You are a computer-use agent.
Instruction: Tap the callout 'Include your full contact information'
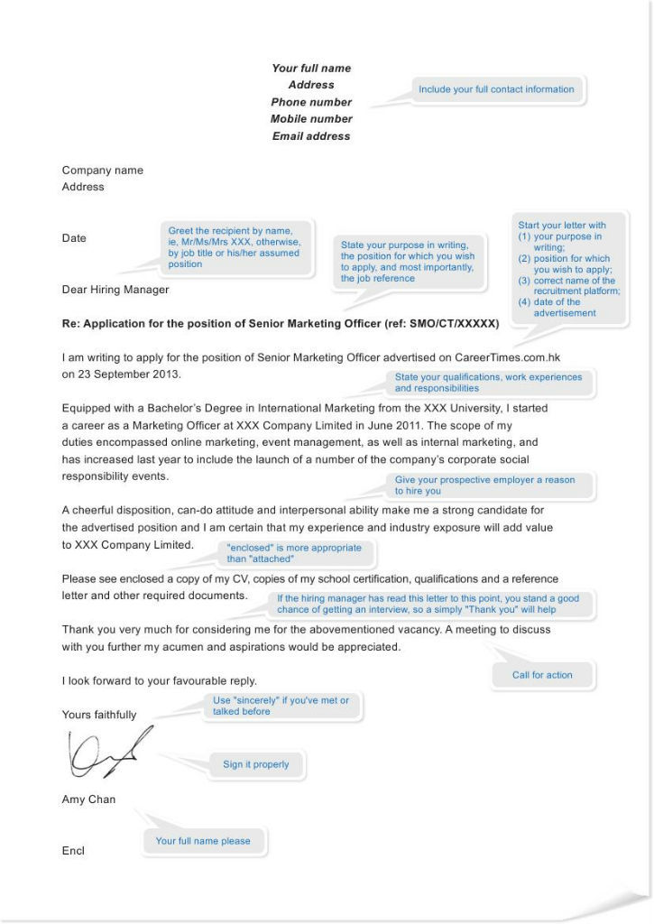495,89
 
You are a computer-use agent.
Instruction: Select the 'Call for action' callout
542,675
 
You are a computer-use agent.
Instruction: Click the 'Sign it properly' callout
256,764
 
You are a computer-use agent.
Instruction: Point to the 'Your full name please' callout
203,841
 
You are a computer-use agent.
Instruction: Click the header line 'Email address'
311,136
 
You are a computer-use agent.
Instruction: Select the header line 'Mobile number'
311,119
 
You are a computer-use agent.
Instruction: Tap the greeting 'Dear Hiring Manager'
115,290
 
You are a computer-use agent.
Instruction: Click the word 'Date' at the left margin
74,238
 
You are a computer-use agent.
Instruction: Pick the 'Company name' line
102,171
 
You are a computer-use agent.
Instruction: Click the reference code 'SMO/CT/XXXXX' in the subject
458,323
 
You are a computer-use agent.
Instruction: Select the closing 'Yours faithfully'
99,715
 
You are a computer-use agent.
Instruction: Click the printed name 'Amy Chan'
88,799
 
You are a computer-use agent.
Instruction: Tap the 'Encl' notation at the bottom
73,851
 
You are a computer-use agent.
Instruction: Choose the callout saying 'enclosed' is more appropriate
293,553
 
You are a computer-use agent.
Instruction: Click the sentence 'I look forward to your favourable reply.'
160,681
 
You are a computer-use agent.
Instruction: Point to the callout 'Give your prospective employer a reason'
484,485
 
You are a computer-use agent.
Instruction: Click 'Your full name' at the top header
311,69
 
